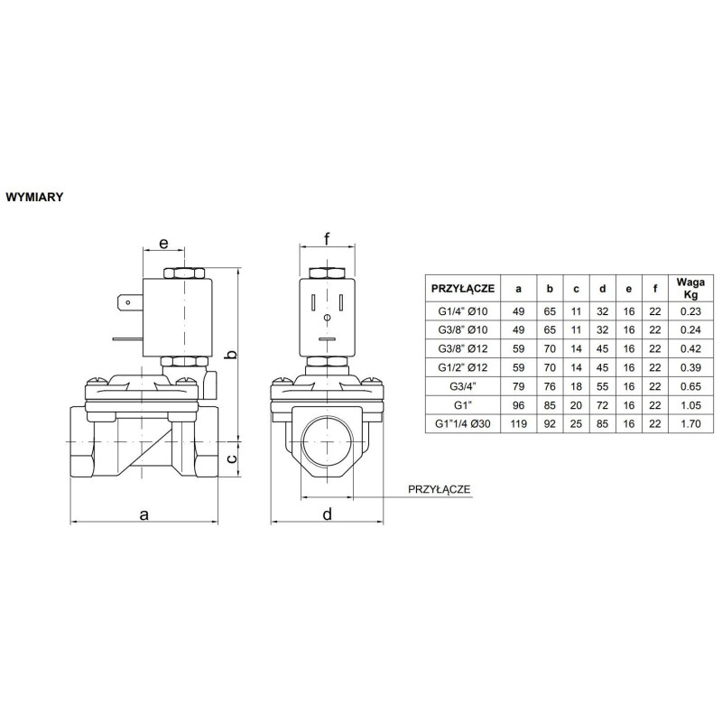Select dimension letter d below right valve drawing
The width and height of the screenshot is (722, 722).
(x=327, y=514)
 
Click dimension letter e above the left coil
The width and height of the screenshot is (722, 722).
(x=164, y=244)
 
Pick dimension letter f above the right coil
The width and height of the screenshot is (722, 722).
(x=328, y=240)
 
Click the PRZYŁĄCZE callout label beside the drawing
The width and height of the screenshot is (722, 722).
(x=440, y=489)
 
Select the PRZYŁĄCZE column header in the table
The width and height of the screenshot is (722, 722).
(x=462, y=289)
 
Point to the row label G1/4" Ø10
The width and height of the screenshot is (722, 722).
(x=462, y=311)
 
